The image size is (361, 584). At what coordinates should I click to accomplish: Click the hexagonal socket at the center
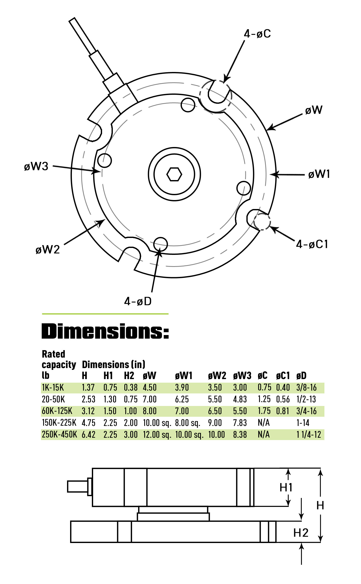174,174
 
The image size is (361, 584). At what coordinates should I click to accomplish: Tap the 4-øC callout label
257,34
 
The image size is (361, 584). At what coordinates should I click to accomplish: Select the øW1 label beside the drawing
319,174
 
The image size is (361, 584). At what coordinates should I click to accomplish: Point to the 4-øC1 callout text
312,244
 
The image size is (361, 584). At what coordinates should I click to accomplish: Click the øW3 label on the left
36,166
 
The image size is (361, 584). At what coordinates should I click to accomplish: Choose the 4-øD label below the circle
138,301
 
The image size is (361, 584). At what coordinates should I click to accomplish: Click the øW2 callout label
48,249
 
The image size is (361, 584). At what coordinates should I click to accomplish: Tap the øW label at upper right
314,110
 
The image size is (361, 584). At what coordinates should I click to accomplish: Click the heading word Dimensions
105,331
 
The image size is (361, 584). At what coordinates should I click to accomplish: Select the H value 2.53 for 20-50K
88,399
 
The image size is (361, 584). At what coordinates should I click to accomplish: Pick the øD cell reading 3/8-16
306,388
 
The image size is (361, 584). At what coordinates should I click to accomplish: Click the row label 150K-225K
59,423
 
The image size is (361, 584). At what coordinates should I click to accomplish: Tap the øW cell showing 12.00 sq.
157,435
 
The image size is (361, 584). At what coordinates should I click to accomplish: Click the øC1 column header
283,376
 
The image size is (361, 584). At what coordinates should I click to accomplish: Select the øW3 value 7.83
240,423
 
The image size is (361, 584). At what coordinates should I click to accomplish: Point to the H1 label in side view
286,487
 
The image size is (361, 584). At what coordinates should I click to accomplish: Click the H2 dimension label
301,533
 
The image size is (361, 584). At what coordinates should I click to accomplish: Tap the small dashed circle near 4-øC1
262,222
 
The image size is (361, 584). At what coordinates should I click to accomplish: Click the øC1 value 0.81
282,411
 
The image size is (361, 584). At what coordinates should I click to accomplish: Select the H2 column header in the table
129,376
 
